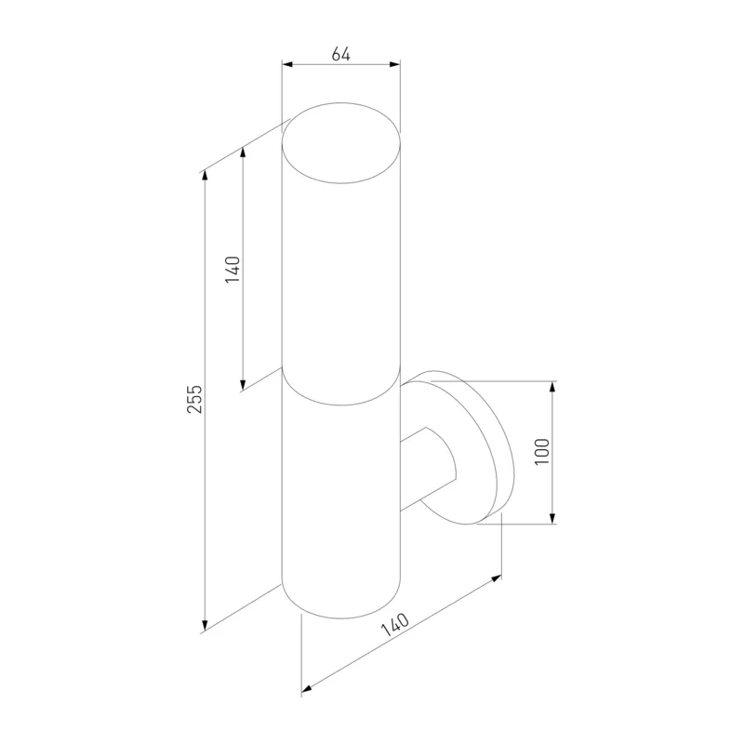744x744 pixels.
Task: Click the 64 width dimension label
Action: point(340,54)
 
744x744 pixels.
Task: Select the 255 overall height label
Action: point(194,399)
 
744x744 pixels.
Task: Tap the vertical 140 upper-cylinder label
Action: point(232,270)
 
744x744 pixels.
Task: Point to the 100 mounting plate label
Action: point(542,452)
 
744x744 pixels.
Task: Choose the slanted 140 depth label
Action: point(394,624)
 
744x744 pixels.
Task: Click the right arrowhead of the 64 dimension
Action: point(394,64)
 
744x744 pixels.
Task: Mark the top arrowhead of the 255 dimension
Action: point(205,176)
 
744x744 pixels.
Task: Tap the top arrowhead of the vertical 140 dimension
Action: point(243,153)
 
